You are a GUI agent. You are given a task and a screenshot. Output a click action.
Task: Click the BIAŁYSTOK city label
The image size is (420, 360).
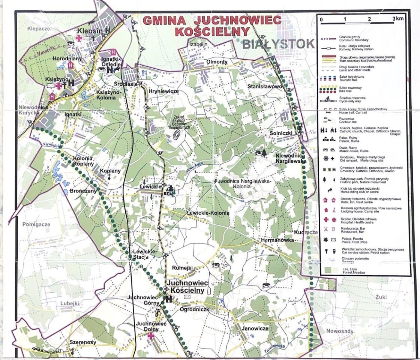pos(278,44)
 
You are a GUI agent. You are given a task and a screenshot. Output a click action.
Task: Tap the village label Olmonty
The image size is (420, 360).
pos(217,62)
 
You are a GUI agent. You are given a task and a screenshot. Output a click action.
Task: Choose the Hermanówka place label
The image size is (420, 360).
pos(277,240)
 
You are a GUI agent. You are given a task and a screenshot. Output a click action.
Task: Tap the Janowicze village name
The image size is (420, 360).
pos(255,328)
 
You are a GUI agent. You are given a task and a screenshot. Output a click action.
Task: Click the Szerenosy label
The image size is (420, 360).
pos(82,342)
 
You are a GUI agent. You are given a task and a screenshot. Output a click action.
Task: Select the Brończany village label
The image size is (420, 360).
pos(83,190)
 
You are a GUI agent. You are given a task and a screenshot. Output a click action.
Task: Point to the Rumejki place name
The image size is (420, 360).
pos(182,268)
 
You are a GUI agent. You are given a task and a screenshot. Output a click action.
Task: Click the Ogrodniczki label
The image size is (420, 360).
pos(195,309)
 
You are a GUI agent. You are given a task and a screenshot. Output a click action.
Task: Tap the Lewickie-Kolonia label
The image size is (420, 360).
pos(208,213)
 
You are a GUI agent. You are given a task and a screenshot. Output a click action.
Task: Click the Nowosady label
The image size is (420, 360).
pos(340,331)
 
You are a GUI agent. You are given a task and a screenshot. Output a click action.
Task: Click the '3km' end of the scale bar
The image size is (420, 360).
pos(397,19)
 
